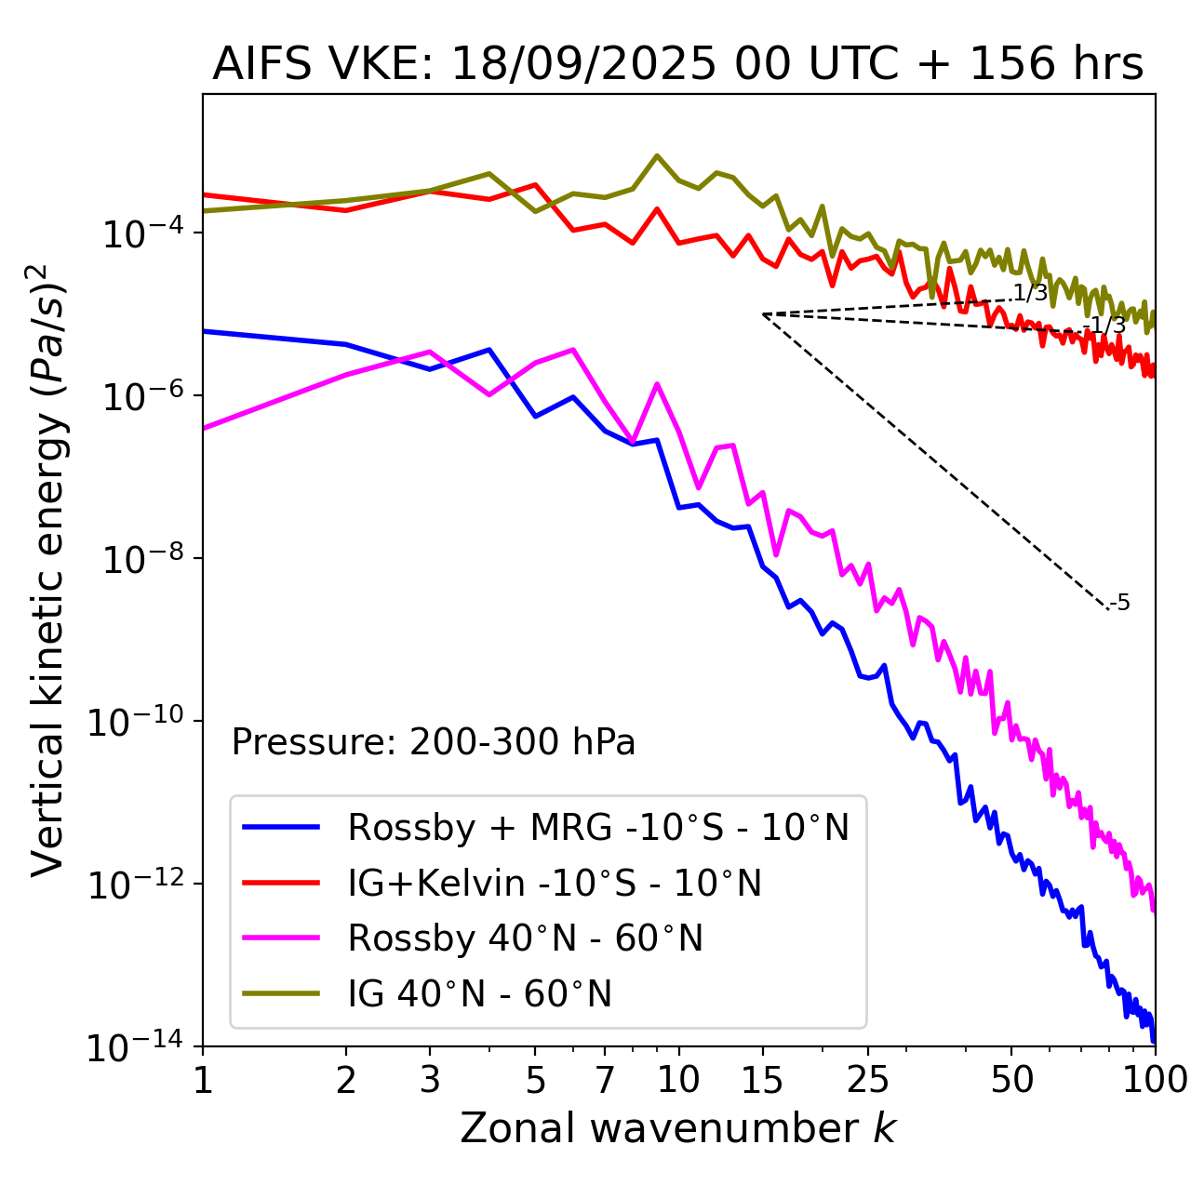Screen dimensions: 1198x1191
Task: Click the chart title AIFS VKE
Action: [x=677, y=65]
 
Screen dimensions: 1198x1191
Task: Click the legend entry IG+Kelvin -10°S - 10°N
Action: [x=555, y=883]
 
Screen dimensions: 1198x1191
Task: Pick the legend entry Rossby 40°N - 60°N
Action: [x=525, y=938]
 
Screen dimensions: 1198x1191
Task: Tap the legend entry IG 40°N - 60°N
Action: [x=479, y=994]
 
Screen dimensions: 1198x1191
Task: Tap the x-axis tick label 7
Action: [x=605, y=1080]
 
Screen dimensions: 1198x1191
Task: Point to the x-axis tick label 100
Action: [x=1154, y=1080]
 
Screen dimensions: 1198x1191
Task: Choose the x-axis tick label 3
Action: [x=430, y=1080]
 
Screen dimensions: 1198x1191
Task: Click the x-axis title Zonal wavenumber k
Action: [x=677, y=1129]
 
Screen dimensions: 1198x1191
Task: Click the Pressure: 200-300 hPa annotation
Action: [x=433, y=742]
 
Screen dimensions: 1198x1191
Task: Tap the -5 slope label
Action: [x=1120, y=604]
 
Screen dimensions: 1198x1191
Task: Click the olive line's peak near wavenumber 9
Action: [x=657, y=155]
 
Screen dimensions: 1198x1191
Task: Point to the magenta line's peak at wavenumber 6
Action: [x=573, y=350]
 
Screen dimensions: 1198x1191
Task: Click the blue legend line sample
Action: [x=281, y=827]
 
